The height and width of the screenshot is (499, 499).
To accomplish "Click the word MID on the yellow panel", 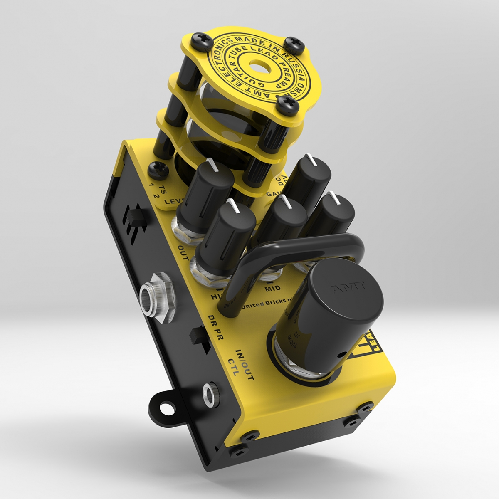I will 272,288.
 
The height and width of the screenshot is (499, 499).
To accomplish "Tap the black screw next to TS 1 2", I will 159,169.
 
